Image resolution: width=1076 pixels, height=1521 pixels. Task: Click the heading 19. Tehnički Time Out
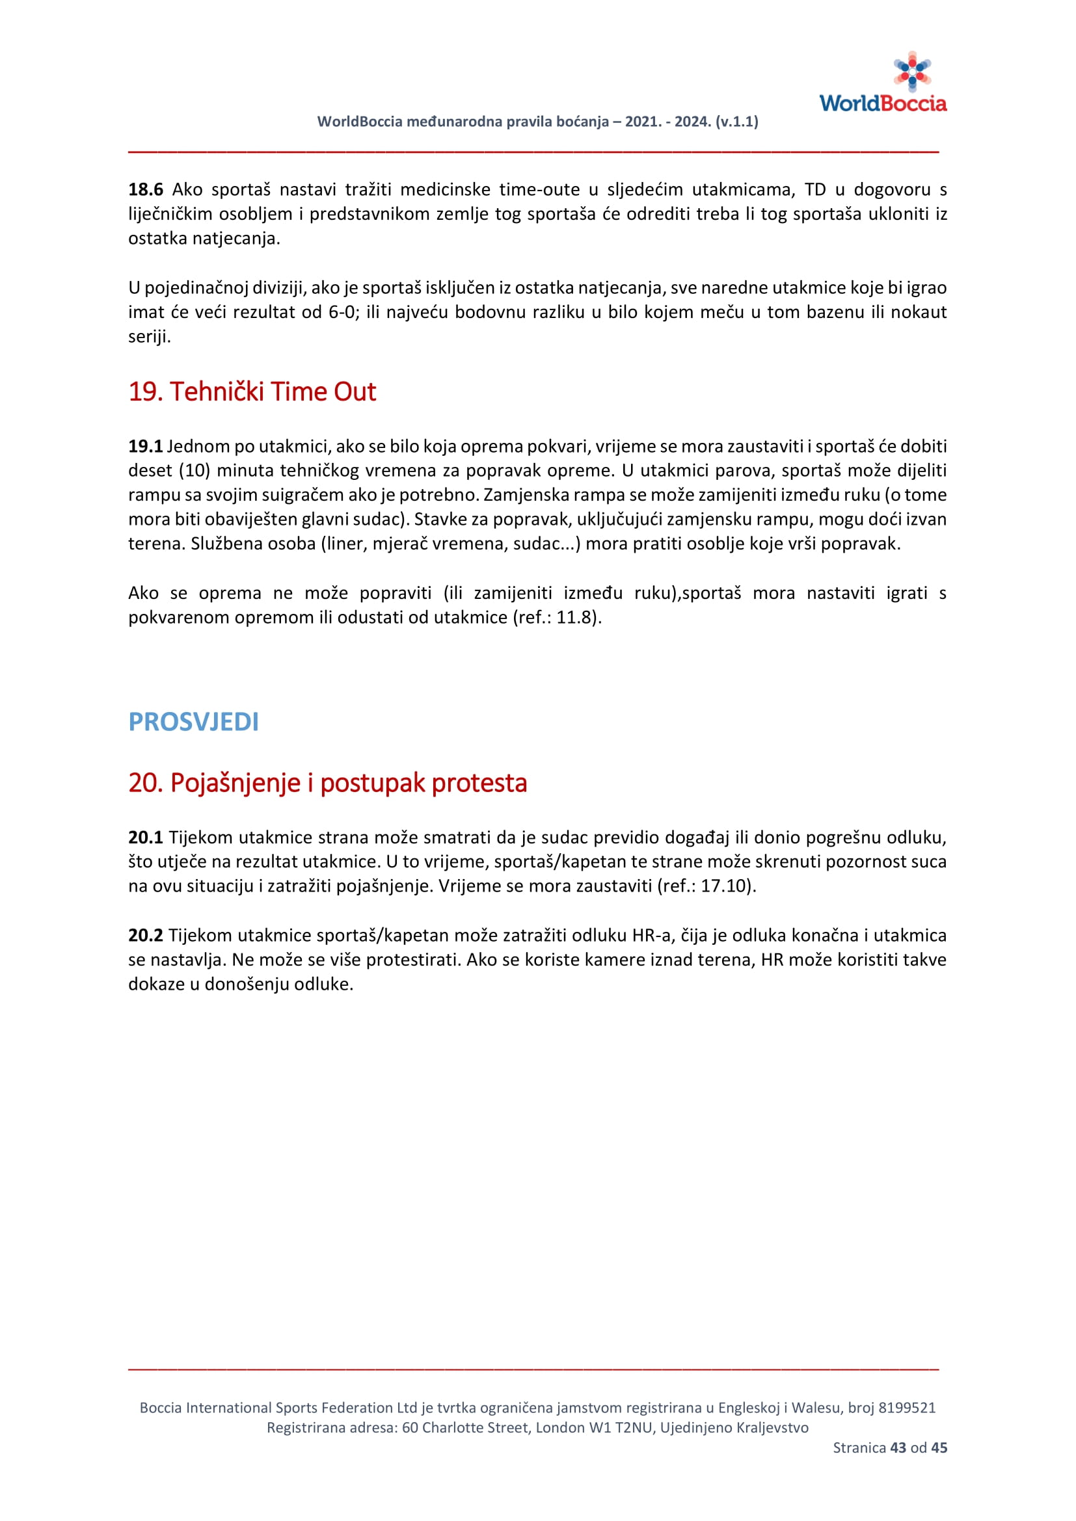pos(252,391)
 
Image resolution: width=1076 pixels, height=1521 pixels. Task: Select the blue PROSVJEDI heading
pos(193,721)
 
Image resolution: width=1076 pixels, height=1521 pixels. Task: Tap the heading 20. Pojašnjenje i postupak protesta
pos(327,782)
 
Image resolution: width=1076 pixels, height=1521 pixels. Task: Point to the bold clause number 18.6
pos(145,189)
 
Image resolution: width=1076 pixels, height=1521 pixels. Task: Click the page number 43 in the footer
pos(898,1448)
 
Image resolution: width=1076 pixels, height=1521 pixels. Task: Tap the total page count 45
pos(939,1448)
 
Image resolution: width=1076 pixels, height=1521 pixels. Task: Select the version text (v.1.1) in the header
pos(737,121)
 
